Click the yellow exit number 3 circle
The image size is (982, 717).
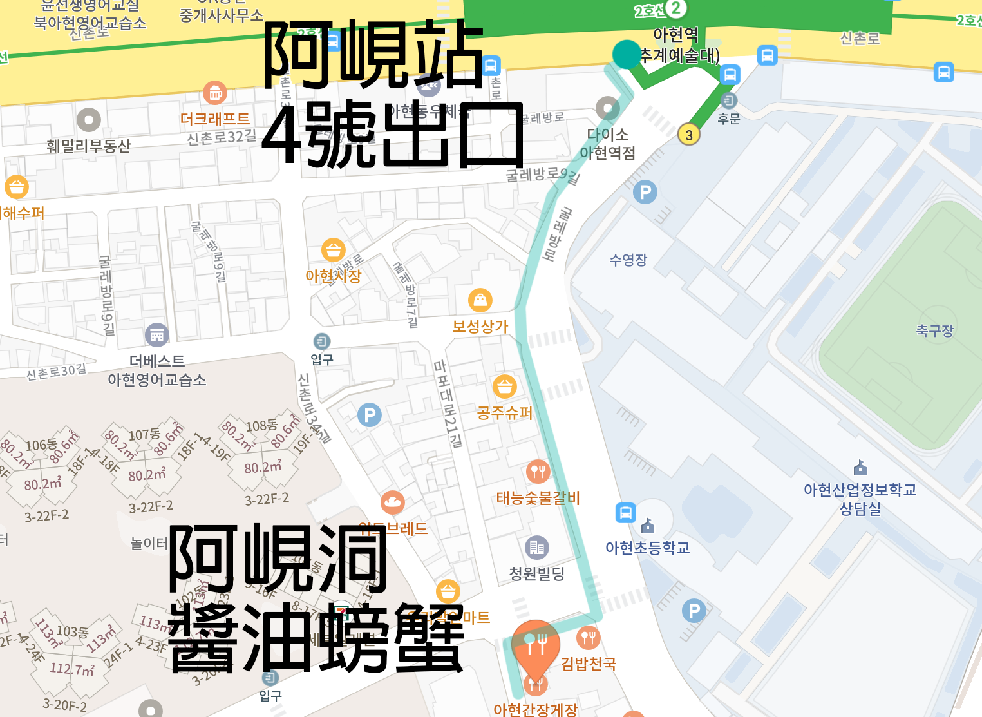689,135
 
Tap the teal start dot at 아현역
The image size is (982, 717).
626,54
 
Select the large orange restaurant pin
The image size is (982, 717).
535,644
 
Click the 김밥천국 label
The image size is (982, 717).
589,664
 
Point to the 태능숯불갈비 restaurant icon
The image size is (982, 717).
538,472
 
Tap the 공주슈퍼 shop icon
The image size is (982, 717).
505,387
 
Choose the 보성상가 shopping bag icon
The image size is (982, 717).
480,300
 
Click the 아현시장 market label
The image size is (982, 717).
333,276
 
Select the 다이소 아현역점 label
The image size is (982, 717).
607,144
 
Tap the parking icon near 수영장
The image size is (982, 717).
645,192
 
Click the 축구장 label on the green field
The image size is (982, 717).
934,330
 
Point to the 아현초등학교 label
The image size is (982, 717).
647,548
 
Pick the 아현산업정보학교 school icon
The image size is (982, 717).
860,467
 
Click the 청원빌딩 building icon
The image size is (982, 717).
537,548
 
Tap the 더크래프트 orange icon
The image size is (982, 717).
215,93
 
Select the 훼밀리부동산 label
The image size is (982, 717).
88,146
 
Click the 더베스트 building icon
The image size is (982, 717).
157,335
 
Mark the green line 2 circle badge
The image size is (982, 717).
675,8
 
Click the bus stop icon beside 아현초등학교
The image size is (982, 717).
625,512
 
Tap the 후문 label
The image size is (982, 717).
729,119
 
